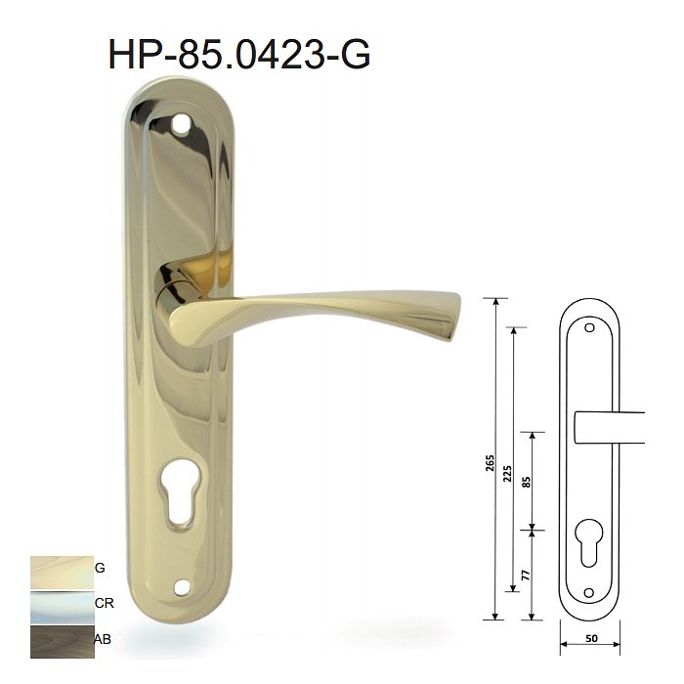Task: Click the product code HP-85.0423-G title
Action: (x=239, y=54)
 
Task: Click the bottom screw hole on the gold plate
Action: (x=182, y=587)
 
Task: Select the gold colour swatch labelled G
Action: (x=62, y=573)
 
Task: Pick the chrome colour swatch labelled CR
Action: (x=62, y=607)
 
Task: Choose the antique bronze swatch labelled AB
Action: (x=62, y=642)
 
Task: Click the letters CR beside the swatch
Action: (x=104, y=603)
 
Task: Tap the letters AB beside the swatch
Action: (x=103, y=639)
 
